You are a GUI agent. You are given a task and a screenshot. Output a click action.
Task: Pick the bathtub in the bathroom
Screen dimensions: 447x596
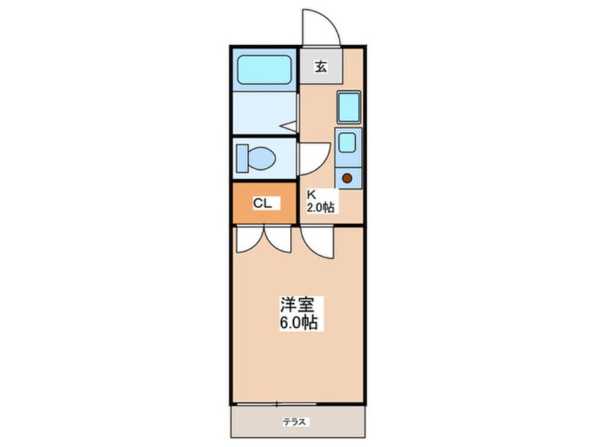[x=263, y=69]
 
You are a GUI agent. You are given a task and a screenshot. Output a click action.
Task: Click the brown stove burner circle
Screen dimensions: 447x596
[x=347, y=178]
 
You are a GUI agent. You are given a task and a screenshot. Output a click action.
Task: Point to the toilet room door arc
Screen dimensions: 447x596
[x=314, y=157]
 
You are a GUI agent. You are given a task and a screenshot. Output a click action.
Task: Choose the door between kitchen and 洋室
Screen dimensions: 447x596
[x=318, y=242]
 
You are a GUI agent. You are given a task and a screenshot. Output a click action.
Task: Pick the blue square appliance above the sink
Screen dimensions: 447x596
[x=349, y=107]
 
